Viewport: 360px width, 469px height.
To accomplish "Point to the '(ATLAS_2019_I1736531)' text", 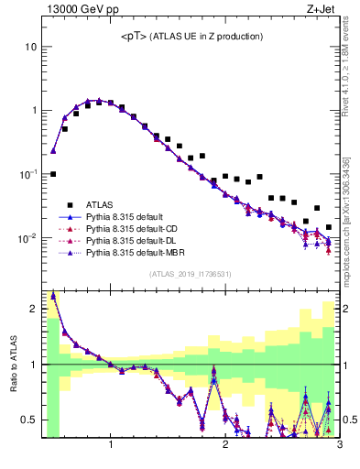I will click(191, 274).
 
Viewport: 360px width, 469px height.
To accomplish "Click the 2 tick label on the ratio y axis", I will click(33, 309).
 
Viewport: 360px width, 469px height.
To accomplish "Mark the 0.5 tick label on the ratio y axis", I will click(29, 420).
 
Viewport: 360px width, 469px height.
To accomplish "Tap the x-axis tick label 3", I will click(339, 446).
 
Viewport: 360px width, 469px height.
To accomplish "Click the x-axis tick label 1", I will click(111, 446).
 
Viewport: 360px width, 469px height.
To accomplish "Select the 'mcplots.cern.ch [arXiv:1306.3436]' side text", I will click(351, 211).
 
